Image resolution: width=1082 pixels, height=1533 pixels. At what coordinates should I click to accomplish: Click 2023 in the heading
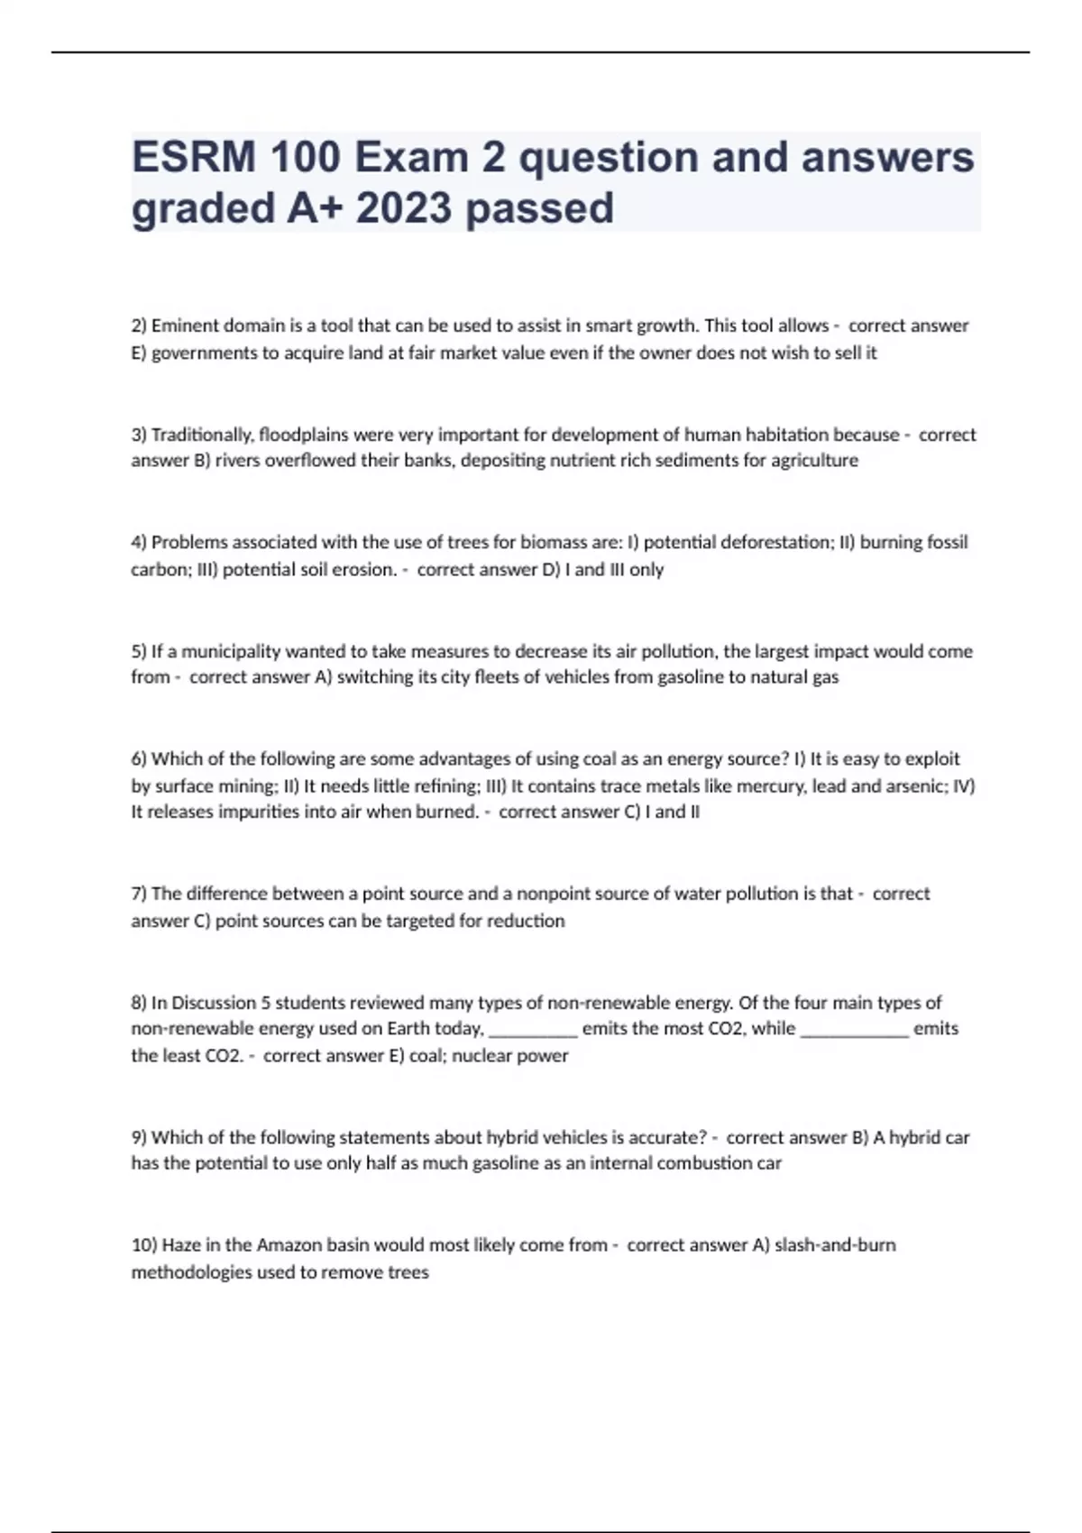click(403, 208)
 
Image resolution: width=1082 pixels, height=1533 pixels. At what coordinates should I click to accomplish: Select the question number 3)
click(139, 435)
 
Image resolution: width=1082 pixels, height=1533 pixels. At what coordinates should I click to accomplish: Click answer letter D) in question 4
click(551, 570)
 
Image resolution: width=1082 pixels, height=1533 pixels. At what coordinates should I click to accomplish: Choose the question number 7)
click(139, 894)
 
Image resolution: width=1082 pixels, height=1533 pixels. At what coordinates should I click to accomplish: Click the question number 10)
click(143, 1245)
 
